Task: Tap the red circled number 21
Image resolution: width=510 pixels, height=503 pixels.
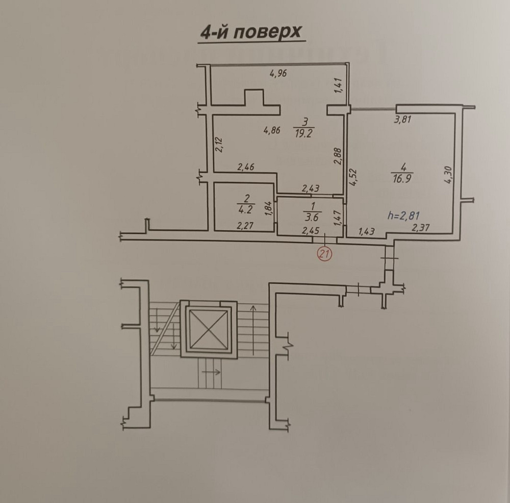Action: click(x=324, y=252)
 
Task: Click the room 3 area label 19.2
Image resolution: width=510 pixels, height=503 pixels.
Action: click(x=304, y=131)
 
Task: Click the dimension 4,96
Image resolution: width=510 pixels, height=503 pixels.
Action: click(x=278, y=73)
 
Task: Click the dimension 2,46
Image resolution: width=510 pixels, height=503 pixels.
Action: click(x=246, y=166)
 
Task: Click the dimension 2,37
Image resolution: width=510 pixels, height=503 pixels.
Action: click(x=421, y=228)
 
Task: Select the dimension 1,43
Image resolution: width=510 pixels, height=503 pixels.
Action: click(x=367, y=231)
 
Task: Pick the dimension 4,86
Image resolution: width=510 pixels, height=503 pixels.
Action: click(x=272, y=130)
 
